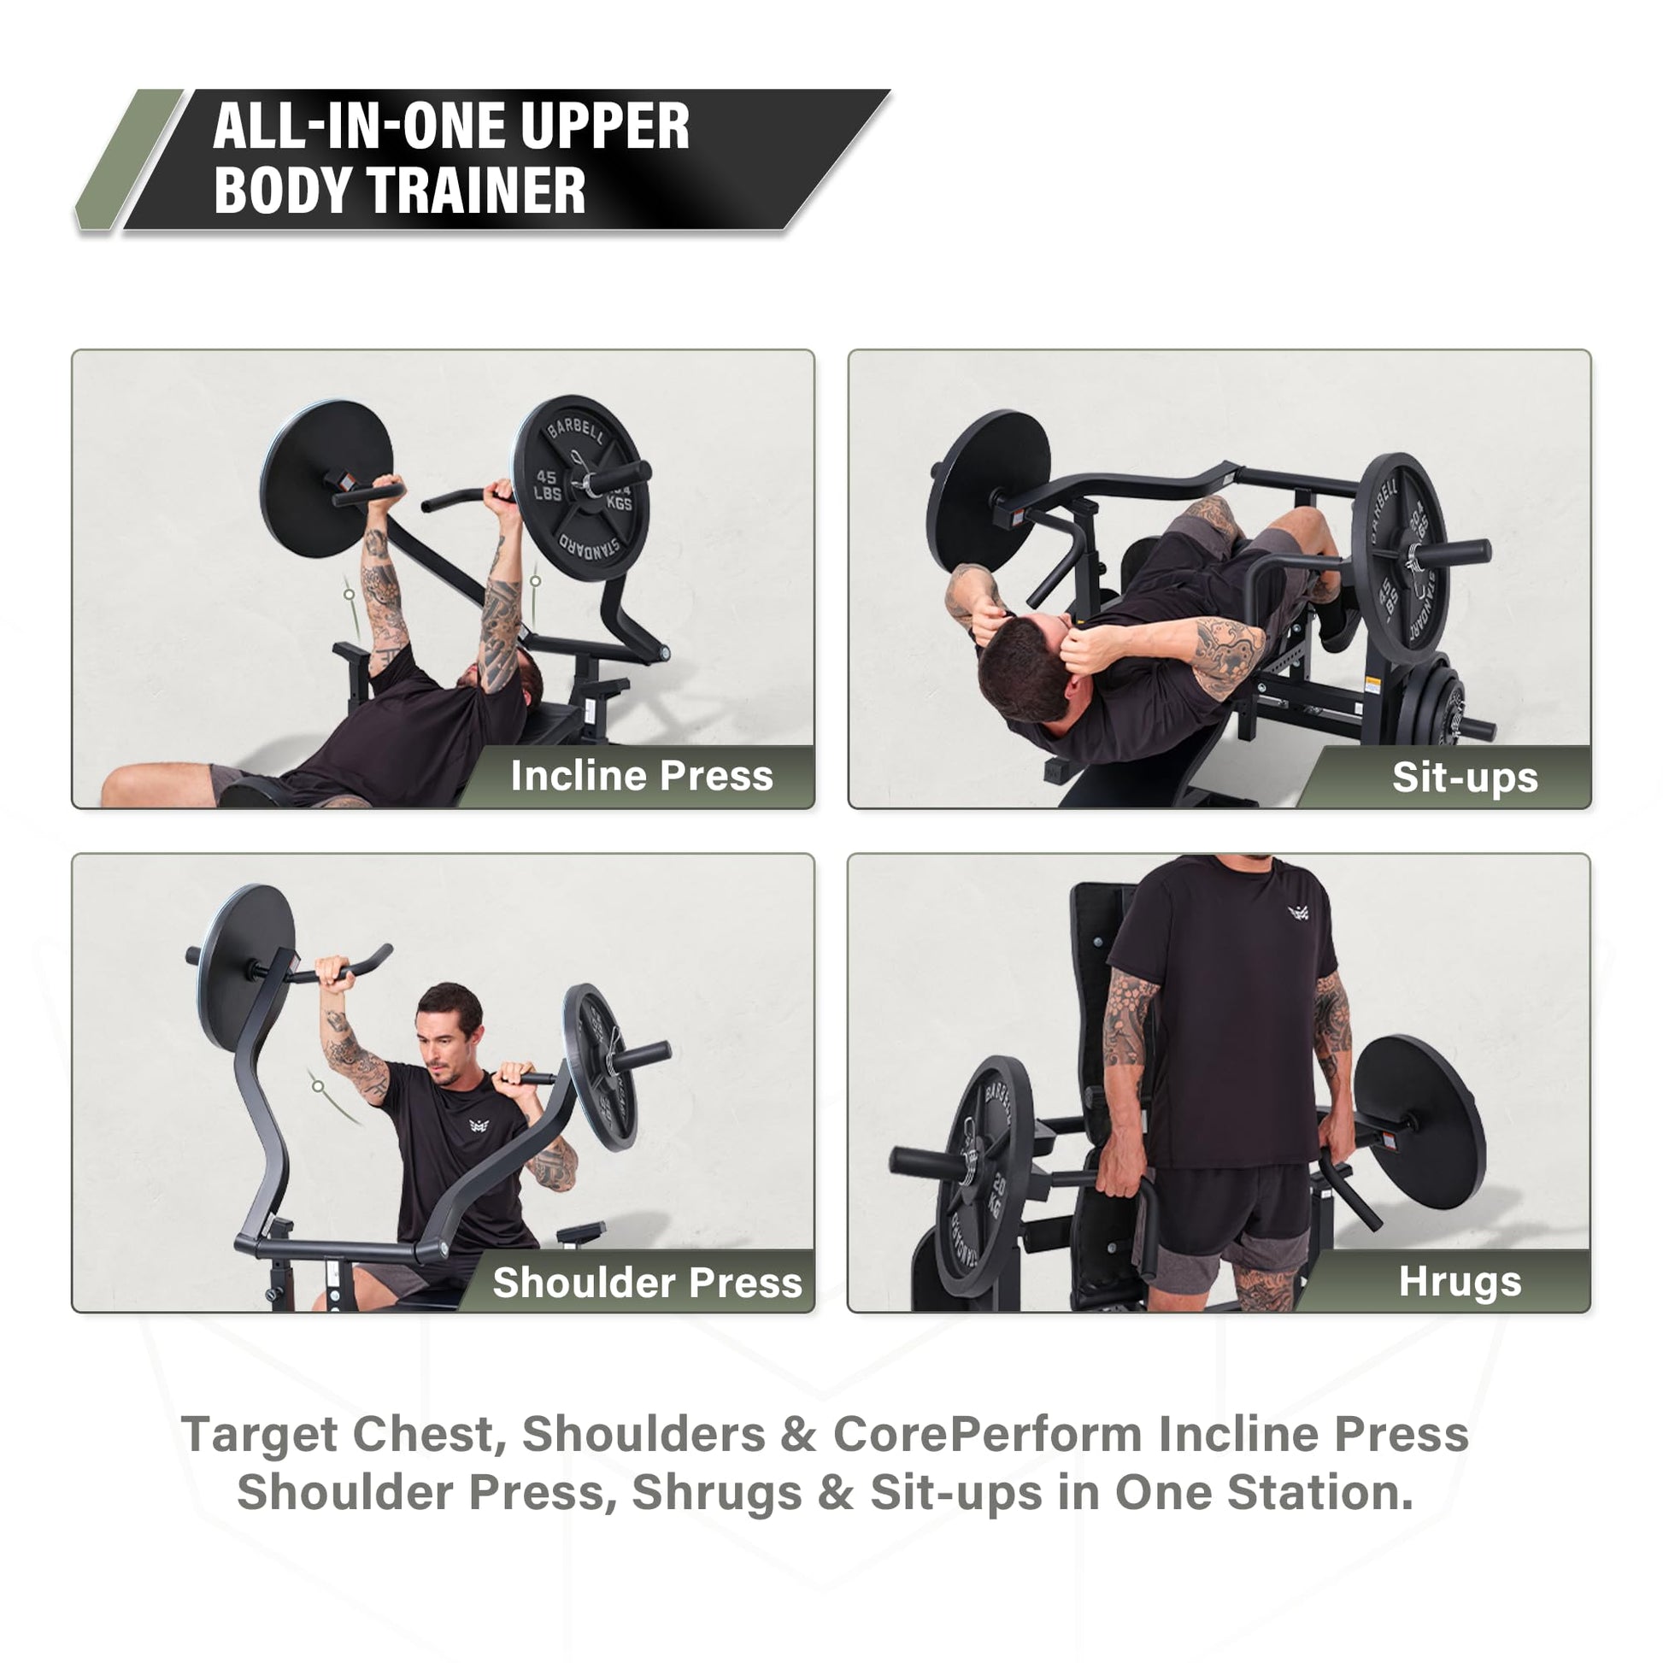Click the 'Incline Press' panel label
(x=641, y=776)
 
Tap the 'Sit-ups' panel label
(x=1464, y=779)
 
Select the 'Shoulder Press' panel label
(x=647, y=1282)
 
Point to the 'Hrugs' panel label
(x=1460, y=1282)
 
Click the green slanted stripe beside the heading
(x=129, y=159)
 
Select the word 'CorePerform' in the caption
(x=986, y=1435)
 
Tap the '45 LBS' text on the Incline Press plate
(x=548, y=485)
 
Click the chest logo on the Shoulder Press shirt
(x=477, y=1125)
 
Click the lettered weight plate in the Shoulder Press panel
(x=601, y=1067)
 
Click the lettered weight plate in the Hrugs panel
(x=984, y=1176)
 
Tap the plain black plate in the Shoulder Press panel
(x=245, y=967)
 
